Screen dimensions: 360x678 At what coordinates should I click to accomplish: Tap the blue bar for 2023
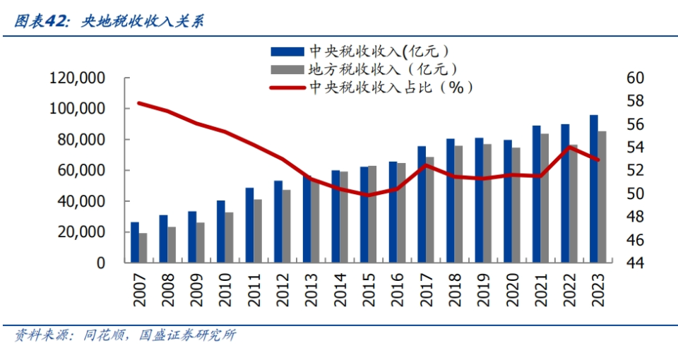click(x=594, y=188)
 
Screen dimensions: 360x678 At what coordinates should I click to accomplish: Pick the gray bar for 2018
click(x=459, y=204)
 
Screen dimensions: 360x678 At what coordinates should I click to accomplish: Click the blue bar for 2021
click(x=537, y=194)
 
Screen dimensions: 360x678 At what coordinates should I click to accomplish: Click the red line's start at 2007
click(x=139, y=103)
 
